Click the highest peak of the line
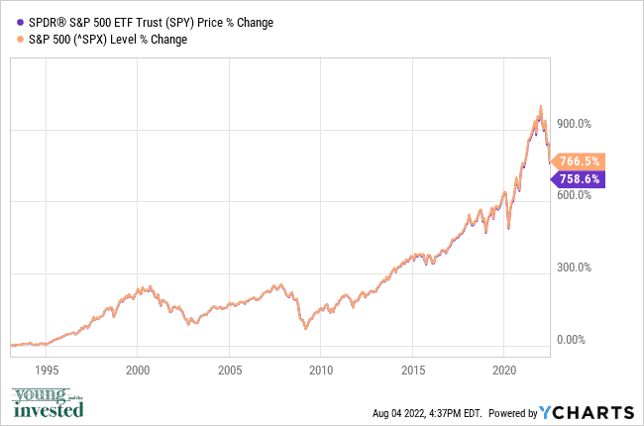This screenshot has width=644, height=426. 540,106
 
